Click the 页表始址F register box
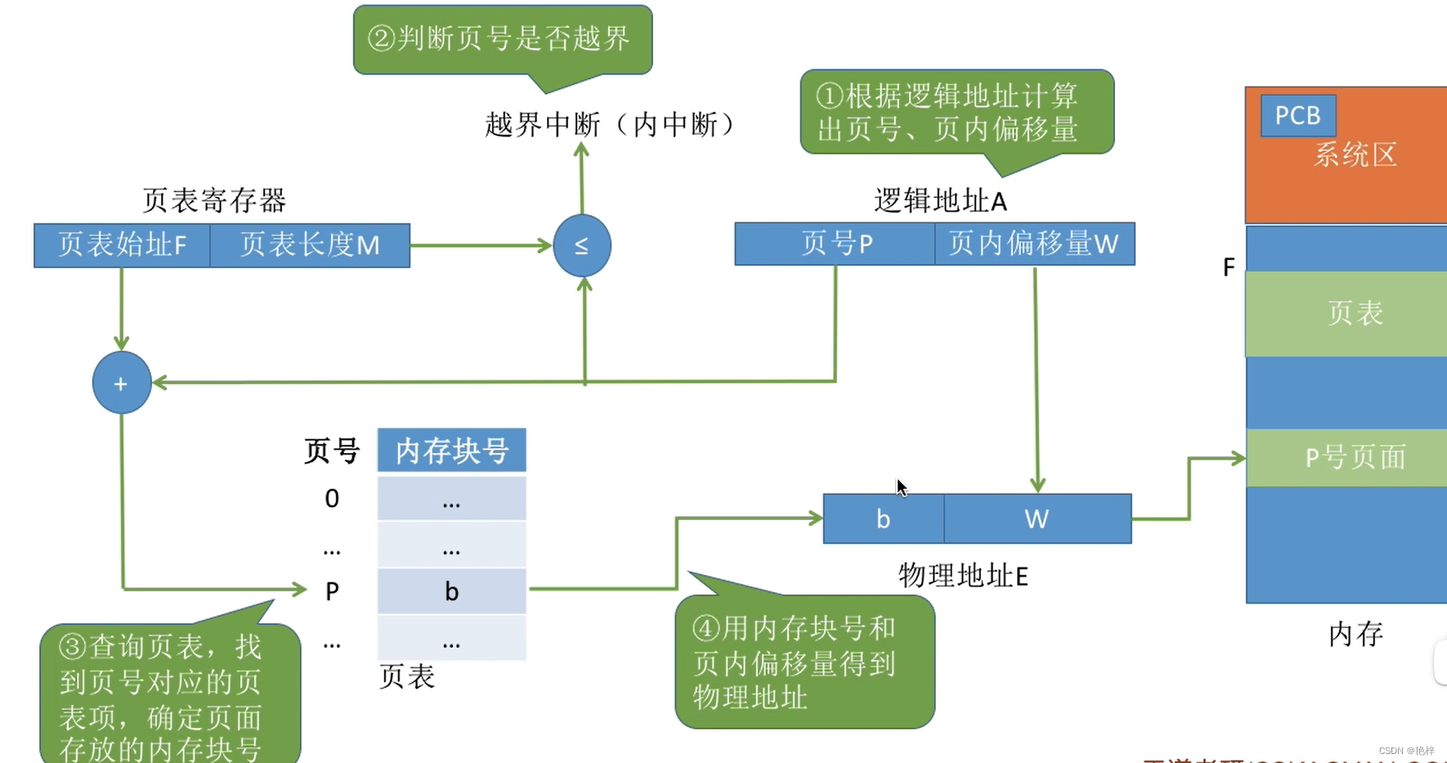pos(122,245)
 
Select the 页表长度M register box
pos(310,245)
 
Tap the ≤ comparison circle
pos(581,245)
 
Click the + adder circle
pos(121,383)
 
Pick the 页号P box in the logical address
pos(835,244)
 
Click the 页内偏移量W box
pos(1034,244)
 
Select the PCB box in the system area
pos(1297,115)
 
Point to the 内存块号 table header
pos(451,451)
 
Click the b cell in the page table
pos(451,591)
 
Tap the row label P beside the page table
pos(332,591)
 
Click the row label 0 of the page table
pos(332,498)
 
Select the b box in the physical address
pos(883,518)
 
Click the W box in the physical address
pos(1037,518)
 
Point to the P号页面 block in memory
pos(1354,457)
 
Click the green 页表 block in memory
pos(1354,313)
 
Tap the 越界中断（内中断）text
pos(612,124)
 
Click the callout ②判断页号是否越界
pos(502,38)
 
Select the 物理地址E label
pos(963,576)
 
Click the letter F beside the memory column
pos(1228,267)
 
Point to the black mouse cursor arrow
pos(901,487)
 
